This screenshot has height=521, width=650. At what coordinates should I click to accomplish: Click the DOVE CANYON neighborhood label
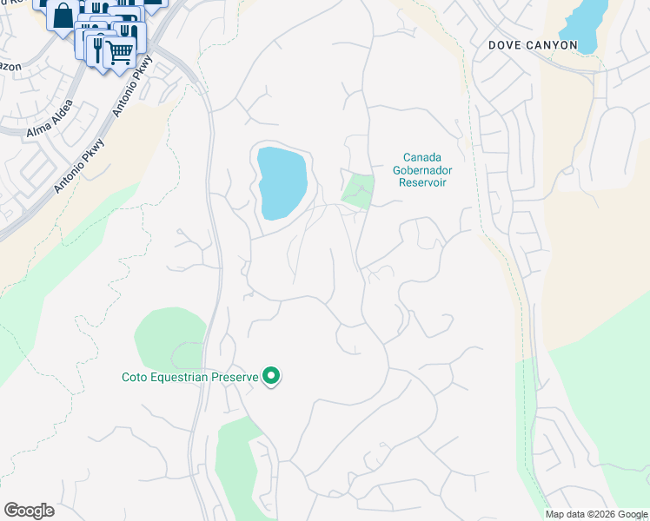click(533, 44)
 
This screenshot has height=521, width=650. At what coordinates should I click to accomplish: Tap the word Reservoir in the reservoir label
click(423, 182)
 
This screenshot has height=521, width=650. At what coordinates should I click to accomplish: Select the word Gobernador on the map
click(423, 170)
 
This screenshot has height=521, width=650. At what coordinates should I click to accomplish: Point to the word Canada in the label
click(423, 157)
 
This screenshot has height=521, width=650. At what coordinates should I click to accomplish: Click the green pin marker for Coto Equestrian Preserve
click(272, 376)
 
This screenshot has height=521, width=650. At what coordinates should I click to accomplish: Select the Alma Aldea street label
click(50, 122)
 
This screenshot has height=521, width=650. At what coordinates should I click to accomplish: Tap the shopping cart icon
click(118, 51)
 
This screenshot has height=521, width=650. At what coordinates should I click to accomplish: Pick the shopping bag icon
click(63, 15)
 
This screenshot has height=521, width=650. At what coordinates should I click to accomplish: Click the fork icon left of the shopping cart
click(97, 44)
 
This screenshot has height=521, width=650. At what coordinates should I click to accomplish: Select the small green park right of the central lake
click(358, 190)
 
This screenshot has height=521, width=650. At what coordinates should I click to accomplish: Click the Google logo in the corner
click(29, 511)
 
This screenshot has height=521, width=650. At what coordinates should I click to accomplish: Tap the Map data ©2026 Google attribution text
click(596, 514)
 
